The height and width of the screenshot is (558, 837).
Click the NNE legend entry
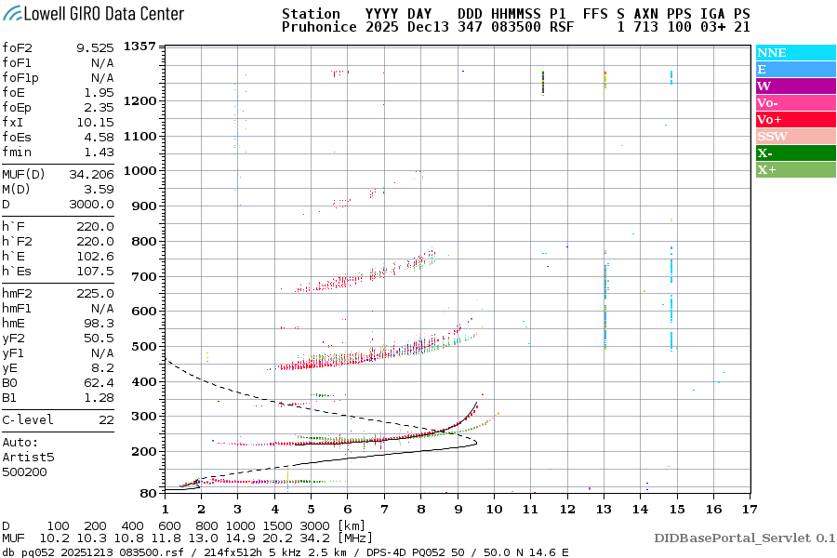(772, 53)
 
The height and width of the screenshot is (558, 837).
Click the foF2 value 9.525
(95, 47)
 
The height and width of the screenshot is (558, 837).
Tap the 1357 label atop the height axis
(139, 46)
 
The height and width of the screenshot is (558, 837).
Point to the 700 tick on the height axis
(142, 276)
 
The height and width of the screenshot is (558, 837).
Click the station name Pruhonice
(318, 28)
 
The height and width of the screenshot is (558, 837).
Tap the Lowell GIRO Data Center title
(93, 13)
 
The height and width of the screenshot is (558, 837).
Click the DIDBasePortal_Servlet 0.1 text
(744, 538)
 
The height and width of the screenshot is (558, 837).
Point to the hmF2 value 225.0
(95, 293)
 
